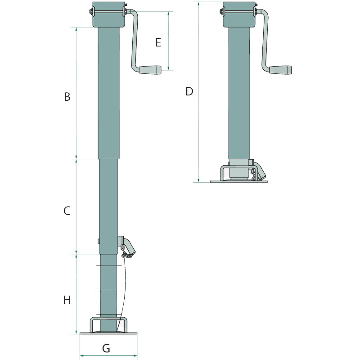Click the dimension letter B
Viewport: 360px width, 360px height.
tap(67, 97)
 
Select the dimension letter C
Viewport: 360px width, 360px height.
tap(67, 210)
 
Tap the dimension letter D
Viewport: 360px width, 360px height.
tap(189, 91)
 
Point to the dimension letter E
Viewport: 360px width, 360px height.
tap(158, 43)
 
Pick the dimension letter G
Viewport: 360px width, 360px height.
tap(106, 348)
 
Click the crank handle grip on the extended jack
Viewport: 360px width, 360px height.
tap(150, 70)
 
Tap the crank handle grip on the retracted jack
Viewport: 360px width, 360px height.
tap(281, 70)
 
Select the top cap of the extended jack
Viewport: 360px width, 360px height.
tap(108, 15)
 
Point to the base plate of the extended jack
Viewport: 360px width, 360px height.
tap(108, 334)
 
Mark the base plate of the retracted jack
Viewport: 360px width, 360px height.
tap(239, 181)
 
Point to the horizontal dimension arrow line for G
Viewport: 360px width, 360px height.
tap(108, 355)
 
